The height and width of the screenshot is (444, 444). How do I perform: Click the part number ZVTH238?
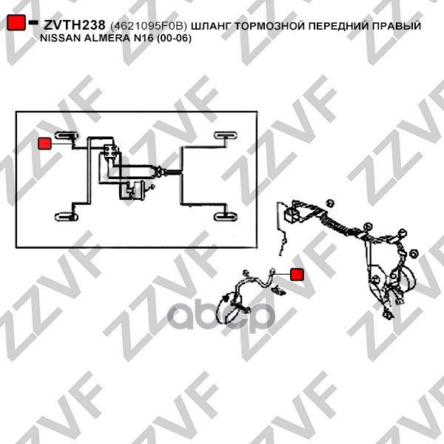[x=75, y=25]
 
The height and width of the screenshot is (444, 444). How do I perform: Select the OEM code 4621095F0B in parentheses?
[x=149, y=26]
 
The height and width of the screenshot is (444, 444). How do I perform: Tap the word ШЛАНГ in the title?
[x=212, y=26]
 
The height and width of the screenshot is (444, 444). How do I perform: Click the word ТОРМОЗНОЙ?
[x=270, y=26]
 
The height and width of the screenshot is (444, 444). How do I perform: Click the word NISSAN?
[x=61, y=38]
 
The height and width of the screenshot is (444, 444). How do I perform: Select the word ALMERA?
[x=107, y=38]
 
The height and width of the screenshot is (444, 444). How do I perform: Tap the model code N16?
[x=143, y=38]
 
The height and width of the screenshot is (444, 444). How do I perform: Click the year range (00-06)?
[x=174, y=38]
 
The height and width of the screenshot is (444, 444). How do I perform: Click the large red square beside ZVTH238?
[x=16, y=22]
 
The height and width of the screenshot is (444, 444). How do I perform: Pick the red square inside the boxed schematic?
[x=44, y=144]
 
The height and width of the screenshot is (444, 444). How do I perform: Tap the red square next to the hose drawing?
[x=297, y=275]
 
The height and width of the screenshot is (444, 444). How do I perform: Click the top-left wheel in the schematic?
[x=67, y=135]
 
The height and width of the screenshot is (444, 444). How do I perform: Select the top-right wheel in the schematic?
[x=226, y=135]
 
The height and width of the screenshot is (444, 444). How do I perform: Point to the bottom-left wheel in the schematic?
[x=67, y=217]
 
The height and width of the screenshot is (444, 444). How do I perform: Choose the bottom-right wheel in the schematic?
[x=226, y=217]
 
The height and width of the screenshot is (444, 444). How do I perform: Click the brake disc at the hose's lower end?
[x=229, y=308]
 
